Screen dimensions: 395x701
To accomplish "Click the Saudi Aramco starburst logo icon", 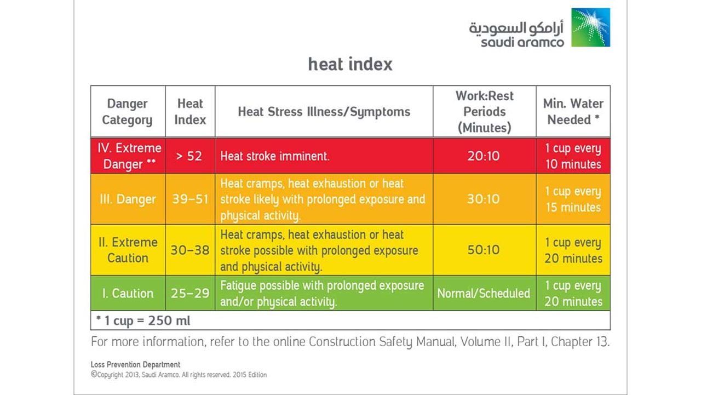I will (x=590, y=27).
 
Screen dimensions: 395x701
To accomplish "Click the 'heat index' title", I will (x=350, y=64).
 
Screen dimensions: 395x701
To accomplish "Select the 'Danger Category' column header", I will (x=127, y=112).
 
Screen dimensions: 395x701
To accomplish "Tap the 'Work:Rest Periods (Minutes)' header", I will (x=484, y=112).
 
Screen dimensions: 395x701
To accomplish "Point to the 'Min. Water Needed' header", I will (x=573, y=112).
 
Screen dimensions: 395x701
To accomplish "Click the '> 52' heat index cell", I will (x=189, y=156).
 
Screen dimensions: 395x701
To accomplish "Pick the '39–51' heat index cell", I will (x=189, y=199).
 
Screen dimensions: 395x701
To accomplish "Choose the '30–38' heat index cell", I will (x=189, y=250).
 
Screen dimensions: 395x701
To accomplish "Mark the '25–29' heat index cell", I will (x=189, y=294).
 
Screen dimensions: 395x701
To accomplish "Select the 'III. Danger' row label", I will (x=128, y=199).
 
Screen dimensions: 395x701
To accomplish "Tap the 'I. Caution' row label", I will (x=128, y=294).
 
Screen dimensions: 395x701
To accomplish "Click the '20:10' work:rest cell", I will (x=484, y=156).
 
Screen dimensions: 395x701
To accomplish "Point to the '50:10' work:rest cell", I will (x=484, y=250).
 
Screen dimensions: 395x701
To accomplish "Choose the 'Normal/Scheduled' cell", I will (x=484, y=294).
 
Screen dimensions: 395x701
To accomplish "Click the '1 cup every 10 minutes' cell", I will (x=573, y=156).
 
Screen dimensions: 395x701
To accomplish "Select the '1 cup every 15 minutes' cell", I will (x=573, y=199).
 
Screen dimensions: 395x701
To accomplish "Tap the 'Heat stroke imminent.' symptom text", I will (x=275, y=156).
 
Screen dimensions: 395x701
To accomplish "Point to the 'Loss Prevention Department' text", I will (x=135, y=364).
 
